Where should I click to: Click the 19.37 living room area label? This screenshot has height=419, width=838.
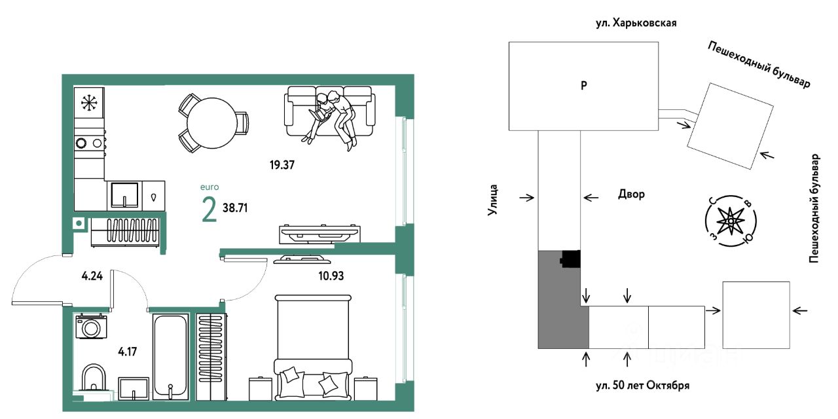[x=282, y=164]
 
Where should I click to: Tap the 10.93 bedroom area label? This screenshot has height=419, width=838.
[x=331, y=276]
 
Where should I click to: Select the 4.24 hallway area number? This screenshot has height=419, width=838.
[x=92, y=276]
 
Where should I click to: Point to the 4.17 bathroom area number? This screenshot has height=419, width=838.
[x=128, y=352]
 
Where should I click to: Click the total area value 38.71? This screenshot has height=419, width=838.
[x=235, y=208]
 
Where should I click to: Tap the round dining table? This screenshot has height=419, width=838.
[x=211, y=123]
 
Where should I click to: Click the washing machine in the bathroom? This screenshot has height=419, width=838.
[x=91, y=327]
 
